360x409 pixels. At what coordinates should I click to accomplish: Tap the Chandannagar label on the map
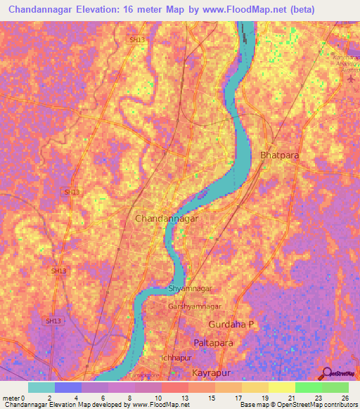click(166, 219)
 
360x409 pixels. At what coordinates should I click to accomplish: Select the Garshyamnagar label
click(195, 307)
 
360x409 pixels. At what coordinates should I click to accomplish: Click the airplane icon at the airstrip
click(351, 77)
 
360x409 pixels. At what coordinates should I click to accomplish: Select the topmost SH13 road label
click(137, 41)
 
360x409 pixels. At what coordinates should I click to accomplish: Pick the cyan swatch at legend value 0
click(41, 387)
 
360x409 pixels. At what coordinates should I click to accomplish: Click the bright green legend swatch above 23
click(308, 387)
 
